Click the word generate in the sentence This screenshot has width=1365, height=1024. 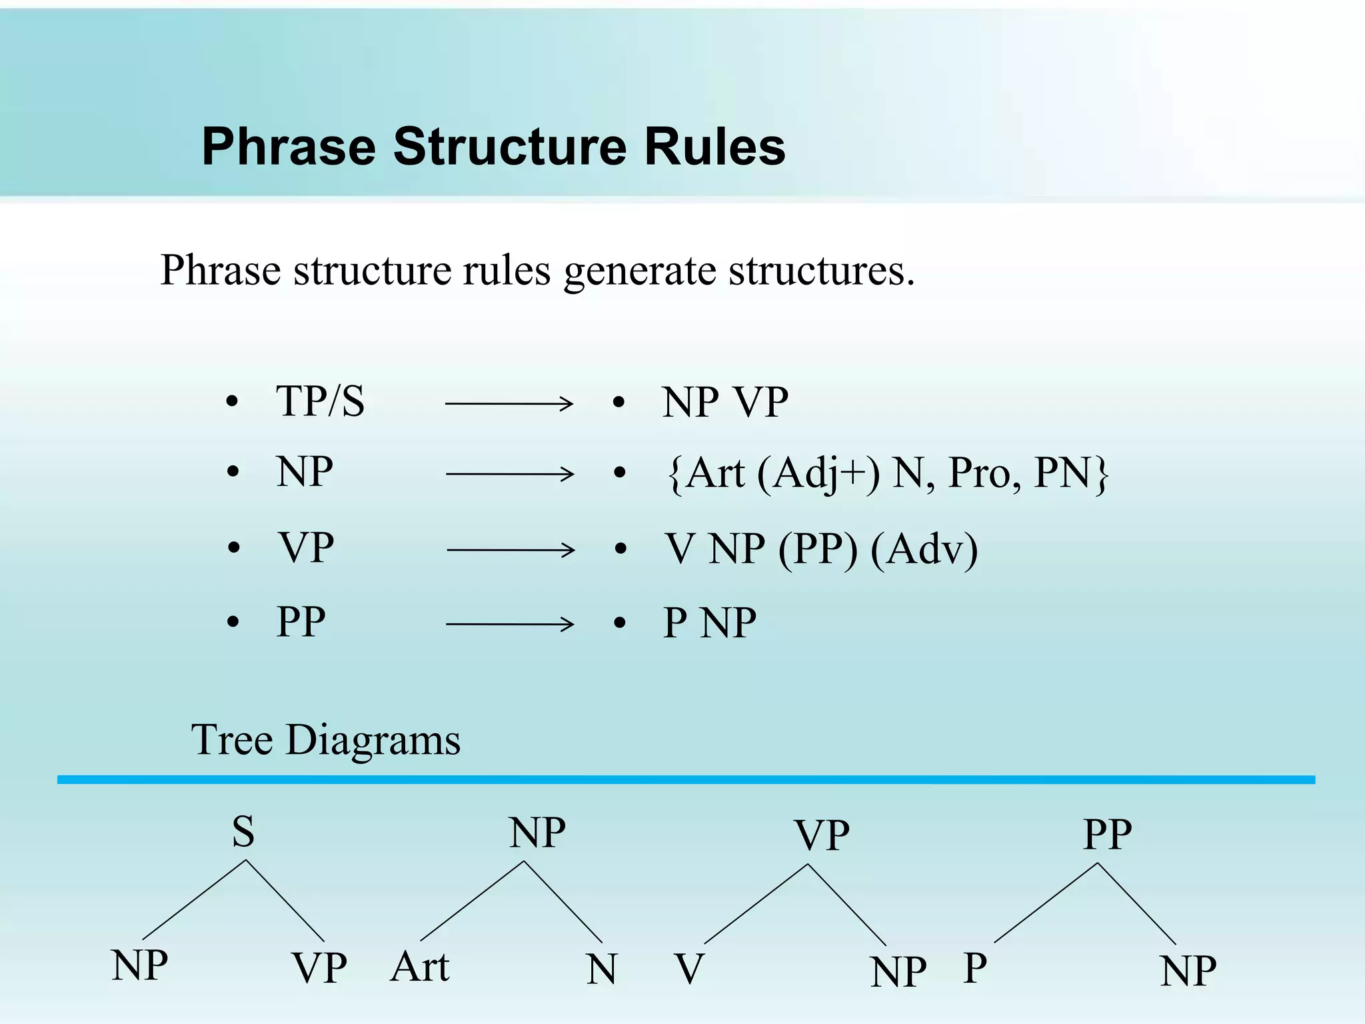639,271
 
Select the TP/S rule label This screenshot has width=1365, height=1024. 320,402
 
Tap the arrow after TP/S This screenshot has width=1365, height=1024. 509,403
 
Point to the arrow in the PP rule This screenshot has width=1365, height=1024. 509,624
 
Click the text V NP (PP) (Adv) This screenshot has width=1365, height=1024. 821,549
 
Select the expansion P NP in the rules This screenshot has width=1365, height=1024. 710,623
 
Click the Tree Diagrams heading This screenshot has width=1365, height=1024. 326,740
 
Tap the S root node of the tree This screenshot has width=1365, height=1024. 243,832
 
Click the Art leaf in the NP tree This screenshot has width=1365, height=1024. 420,967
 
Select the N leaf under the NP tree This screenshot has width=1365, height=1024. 602,969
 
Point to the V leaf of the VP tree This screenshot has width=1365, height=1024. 689,969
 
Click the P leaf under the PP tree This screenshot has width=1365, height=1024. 975,969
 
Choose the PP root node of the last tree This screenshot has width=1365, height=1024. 1107,834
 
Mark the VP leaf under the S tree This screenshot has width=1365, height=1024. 319,969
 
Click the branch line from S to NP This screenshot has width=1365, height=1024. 194,900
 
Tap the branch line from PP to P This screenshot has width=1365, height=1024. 1046,903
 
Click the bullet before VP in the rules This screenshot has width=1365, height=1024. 233,548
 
